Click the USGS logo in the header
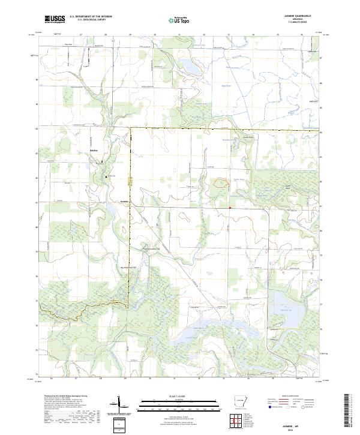55,19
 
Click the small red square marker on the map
229,208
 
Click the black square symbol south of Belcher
107,176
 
